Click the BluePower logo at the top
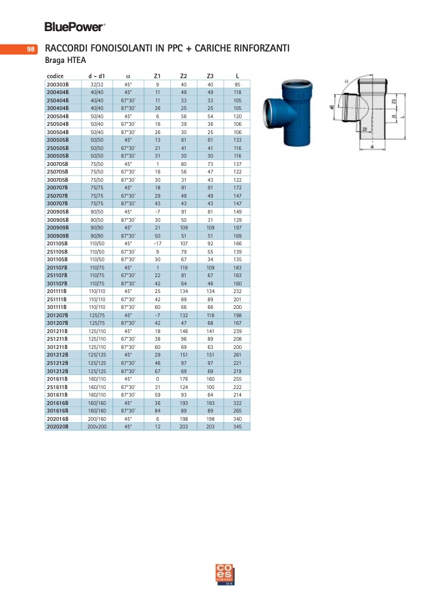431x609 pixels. [74, 27]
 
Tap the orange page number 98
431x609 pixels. [31, 50]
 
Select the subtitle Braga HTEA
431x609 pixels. [65, 60]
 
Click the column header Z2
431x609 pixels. [184, 76]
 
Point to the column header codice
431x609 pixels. [55, 76]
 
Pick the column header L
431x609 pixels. [238, 76]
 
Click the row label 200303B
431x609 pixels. [57, 85]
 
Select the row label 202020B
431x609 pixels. [57, 427]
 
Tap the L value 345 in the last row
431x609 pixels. [237, 427]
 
